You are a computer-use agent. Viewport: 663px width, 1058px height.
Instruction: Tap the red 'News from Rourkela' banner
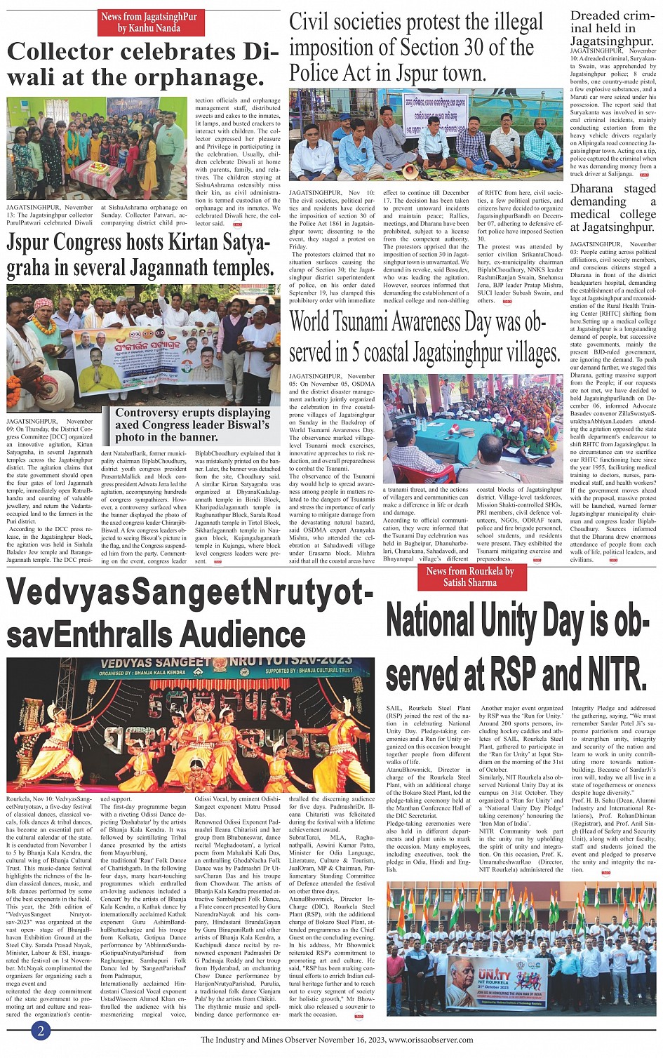click(x=469, y=577)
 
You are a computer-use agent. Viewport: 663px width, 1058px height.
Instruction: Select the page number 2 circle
click(x=41, y=1030)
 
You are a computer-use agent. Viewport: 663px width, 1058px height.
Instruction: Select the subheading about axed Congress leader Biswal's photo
click(x=192, y=424)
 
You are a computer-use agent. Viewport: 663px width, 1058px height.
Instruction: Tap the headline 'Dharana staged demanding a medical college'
click(x=612, y=208)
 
